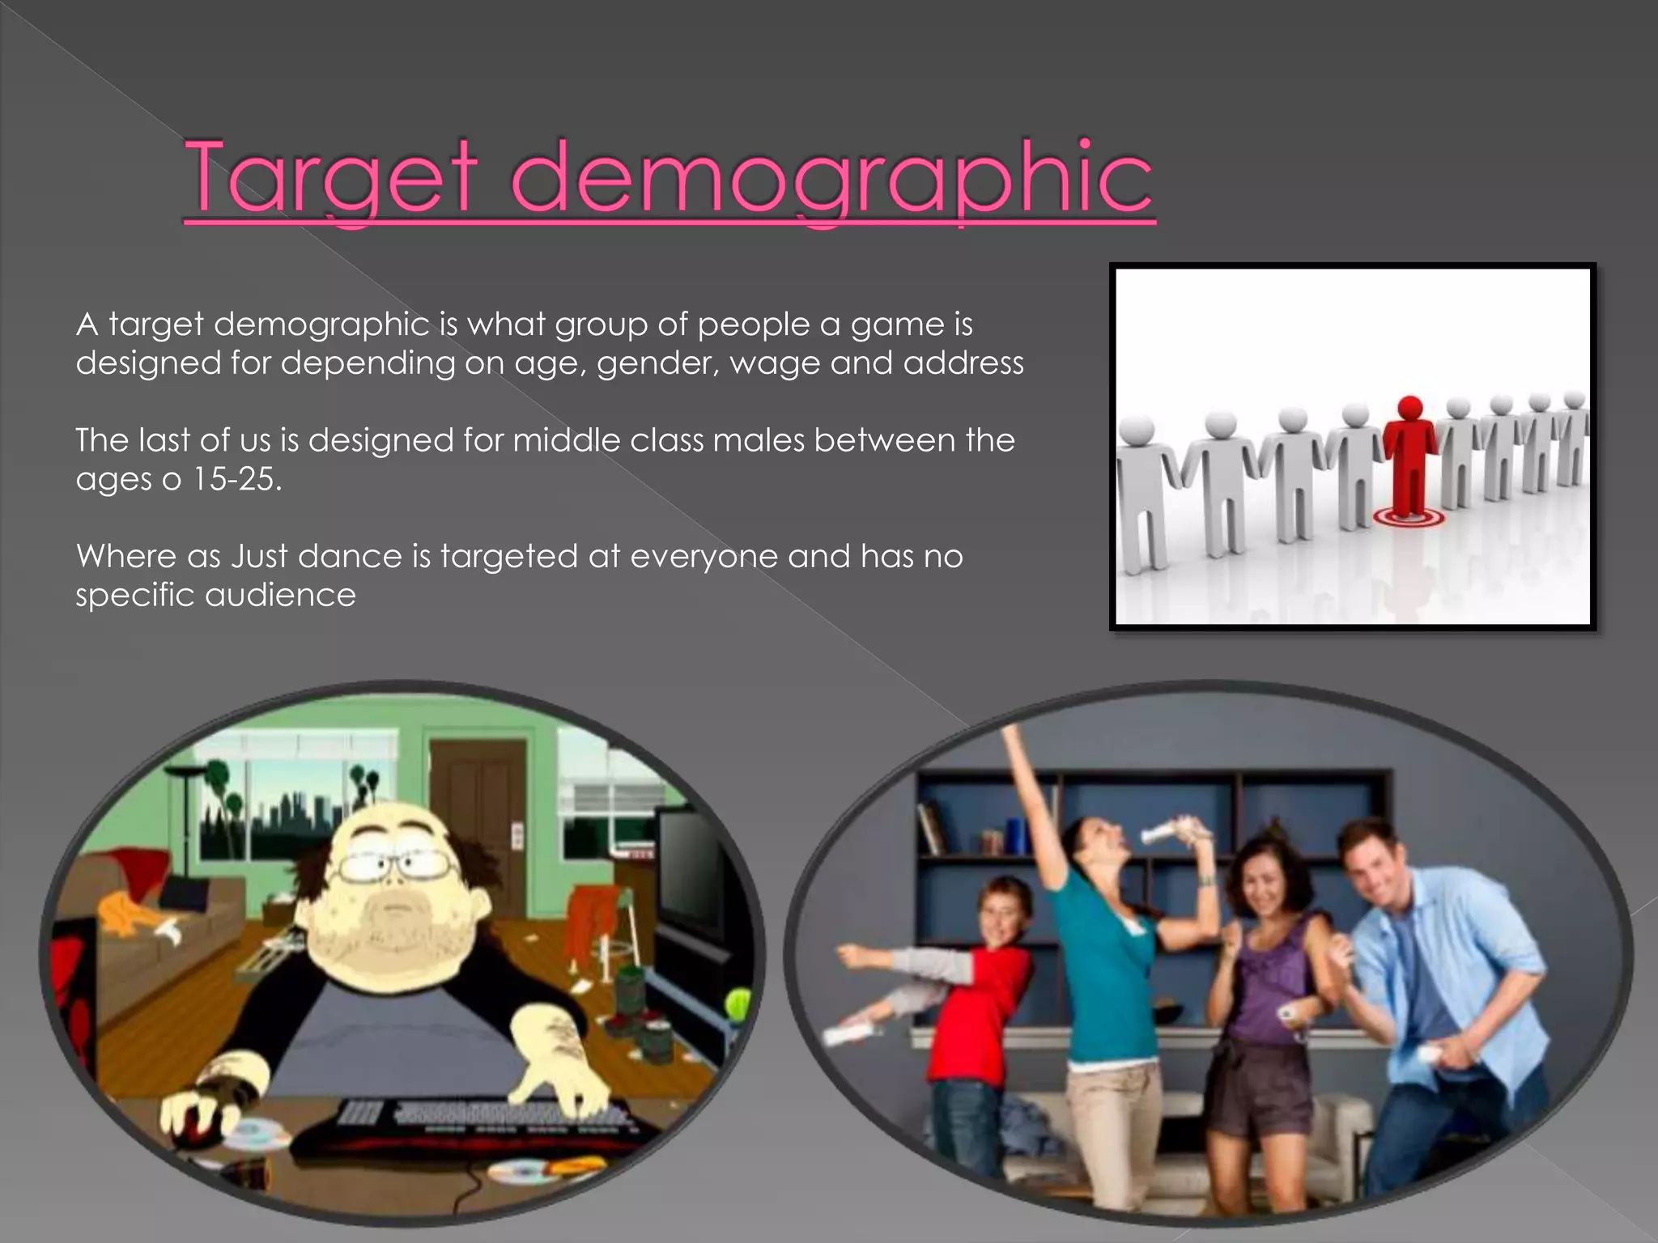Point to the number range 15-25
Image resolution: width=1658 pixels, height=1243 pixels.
[235, 479]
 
